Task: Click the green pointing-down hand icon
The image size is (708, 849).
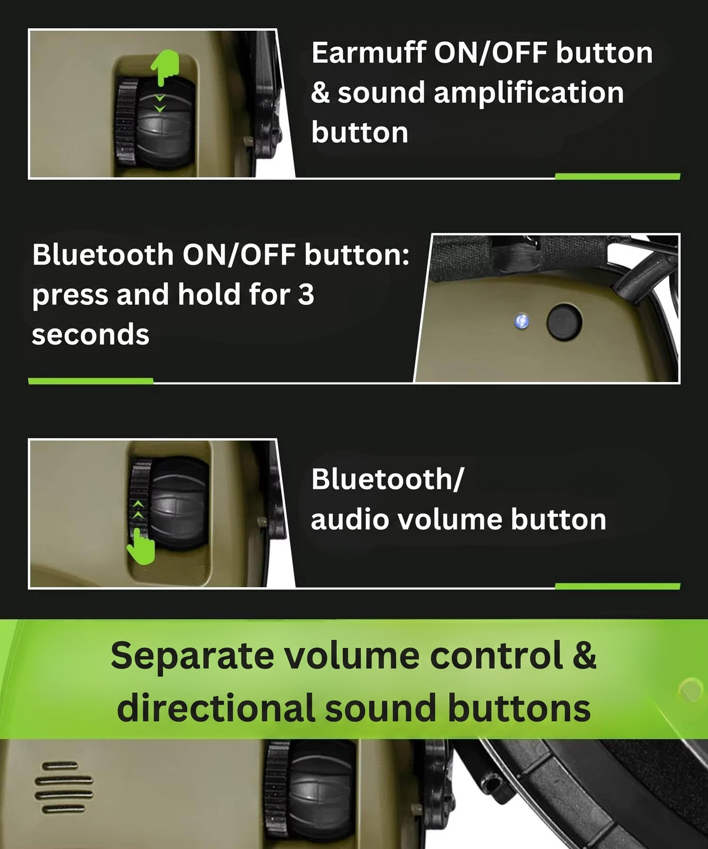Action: coord(165,67)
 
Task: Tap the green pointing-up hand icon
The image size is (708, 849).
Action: coord(141,547)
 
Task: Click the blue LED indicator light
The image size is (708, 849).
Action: coord(522,321)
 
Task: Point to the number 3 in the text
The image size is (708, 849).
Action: coord(306,294)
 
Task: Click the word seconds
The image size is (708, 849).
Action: coord(90,335)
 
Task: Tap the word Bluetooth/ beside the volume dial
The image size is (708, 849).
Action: coord(387,479)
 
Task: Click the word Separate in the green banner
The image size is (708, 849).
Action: coord(192,656)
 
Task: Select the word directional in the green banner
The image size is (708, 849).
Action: coord(216,708)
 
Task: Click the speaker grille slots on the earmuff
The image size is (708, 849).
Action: coord(64,787)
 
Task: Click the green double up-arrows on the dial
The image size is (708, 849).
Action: coord(138,509)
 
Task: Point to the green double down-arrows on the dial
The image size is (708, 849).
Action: coord(160,103)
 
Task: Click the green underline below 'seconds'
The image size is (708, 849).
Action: coord(91,381)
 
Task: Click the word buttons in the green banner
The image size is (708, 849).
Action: coord(519,708)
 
